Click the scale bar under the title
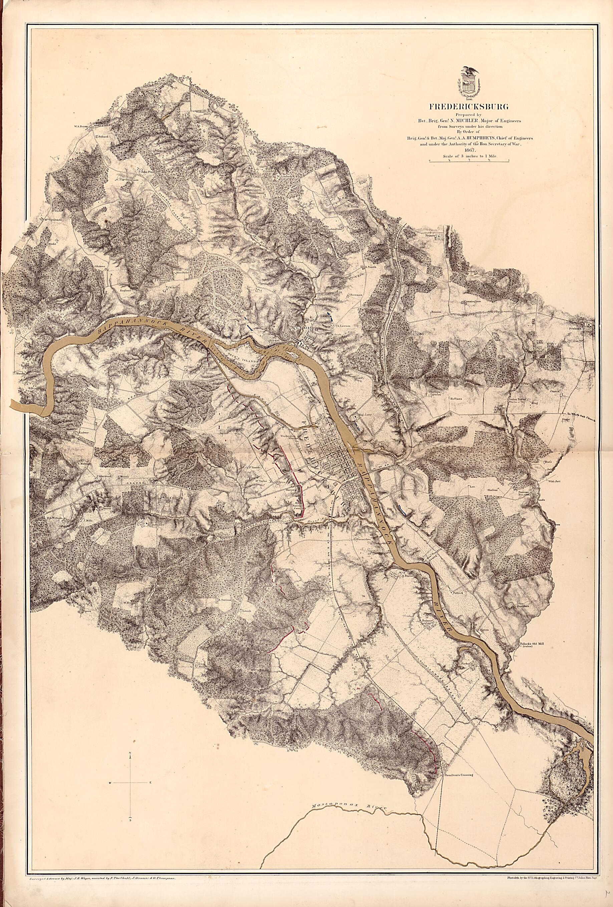(x=469, y=160)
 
